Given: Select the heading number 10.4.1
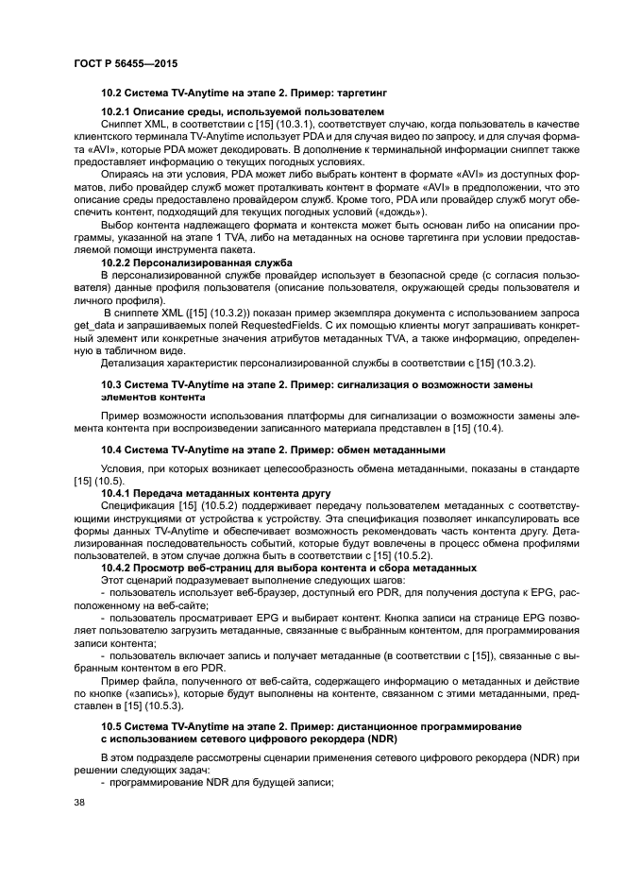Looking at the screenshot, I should pos(118,493).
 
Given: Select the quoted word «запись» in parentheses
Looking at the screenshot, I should pos(144,694).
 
